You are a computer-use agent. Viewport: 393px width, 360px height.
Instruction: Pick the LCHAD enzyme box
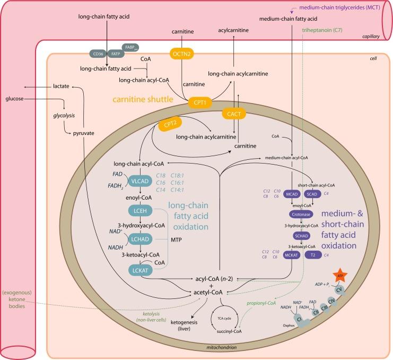coord(140,240)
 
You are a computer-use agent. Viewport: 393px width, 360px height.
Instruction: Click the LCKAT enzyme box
coord(140,270)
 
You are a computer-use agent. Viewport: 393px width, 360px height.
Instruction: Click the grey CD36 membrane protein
coord(98,54)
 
